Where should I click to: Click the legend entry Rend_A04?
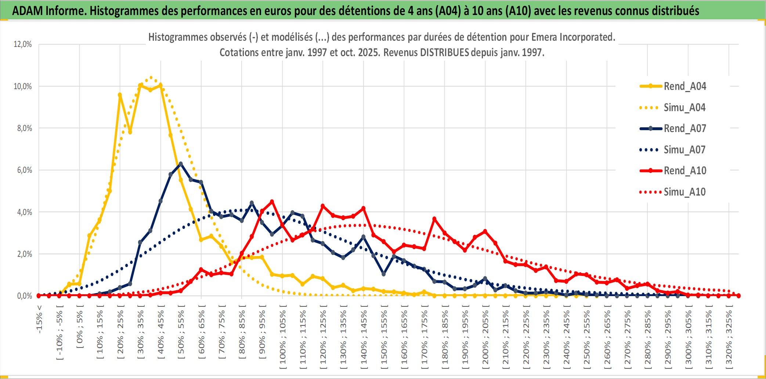click(x=684, y=86)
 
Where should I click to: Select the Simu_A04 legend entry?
click(x=684, y=107)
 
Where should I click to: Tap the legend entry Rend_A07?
click(x=684, y=128)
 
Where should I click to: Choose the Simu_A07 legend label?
click(x=684, y=150)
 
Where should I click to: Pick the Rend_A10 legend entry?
click(x=684, y=171)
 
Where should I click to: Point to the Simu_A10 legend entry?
click(x=684, y=192)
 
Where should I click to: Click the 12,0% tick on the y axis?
click(x=23, y=44)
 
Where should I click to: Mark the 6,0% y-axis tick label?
click(x=24, y=170)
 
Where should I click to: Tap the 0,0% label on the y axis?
click(x=24, y=296)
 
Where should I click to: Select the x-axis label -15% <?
click(x=39, y=319)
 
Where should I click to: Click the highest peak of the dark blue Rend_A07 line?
click(x=181, y=164)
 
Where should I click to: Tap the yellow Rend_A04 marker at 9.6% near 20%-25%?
click(x=120, y=95)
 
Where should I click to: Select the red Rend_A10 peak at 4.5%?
click(x=272, y=201)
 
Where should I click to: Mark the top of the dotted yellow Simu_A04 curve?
click(x=151, y=77)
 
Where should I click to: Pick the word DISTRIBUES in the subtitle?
click(x=444, y=52)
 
